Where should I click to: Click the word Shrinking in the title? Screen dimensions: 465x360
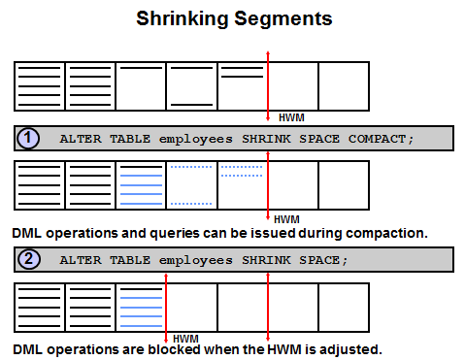[183, 18]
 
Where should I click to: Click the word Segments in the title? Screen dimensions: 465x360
[283, 18]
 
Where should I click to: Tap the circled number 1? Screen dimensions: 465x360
[28, 139]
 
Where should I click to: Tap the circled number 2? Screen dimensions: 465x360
[29, 259]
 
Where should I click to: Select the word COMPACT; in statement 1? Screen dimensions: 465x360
[381, 139]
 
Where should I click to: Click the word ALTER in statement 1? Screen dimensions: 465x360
[81, 139]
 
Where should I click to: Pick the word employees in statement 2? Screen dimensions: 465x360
[196, 261]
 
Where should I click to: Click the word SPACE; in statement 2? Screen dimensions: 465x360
[323, 260]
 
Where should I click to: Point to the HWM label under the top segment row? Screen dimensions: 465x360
[291, 117]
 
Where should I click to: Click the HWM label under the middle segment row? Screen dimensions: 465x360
[286, 219]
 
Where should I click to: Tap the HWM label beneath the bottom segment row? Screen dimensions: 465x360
[185, 339]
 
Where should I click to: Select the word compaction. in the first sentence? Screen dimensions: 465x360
[386, 233]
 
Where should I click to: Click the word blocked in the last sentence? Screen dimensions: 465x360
[174, 349]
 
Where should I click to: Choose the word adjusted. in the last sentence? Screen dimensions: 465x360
[350, 350]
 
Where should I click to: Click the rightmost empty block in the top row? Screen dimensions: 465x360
[344, 86]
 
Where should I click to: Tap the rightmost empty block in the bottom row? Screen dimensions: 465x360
[344, 308]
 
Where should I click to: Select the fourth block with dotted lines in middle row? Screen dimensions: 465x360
[191, 185]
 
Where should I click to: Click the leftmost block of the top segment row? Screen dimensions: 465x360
[40, 86]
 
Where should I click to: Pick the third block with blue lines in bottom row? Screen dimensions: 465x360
[141, 308]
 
